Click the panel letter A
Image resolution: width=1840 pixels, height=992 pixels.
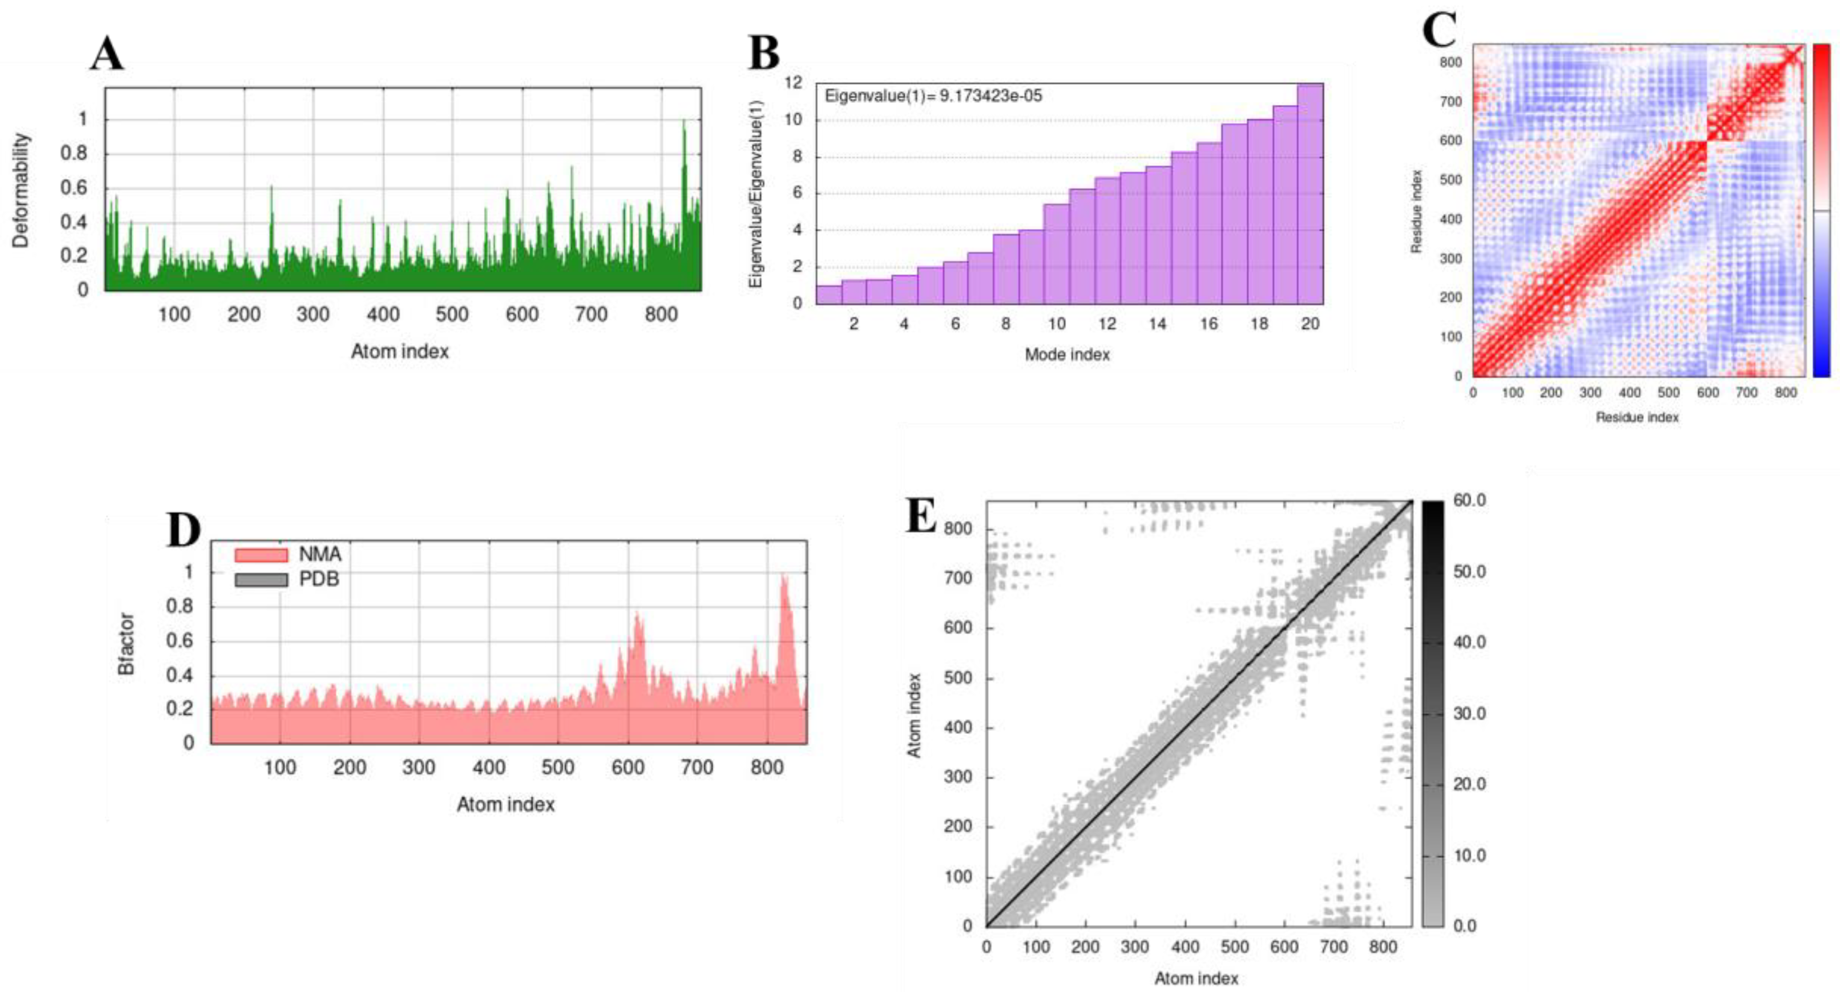(107, 54)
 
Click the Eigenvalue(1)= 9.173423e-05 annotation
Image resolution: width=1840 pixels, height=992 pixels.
(933, 96)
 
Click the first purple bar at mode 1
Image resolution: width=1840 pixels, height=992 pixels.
(829, 295)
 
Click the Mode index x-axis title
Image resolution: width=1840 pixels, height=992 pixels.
(1067, 355)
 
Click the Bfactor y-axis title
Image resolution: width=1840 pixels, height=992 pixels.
(127, 644)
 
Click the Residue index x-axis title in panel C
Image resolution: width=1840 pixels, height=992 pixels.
(1637, 417)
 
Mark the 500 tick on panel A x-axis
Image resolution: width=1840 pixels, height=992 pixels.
(452, 314)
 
